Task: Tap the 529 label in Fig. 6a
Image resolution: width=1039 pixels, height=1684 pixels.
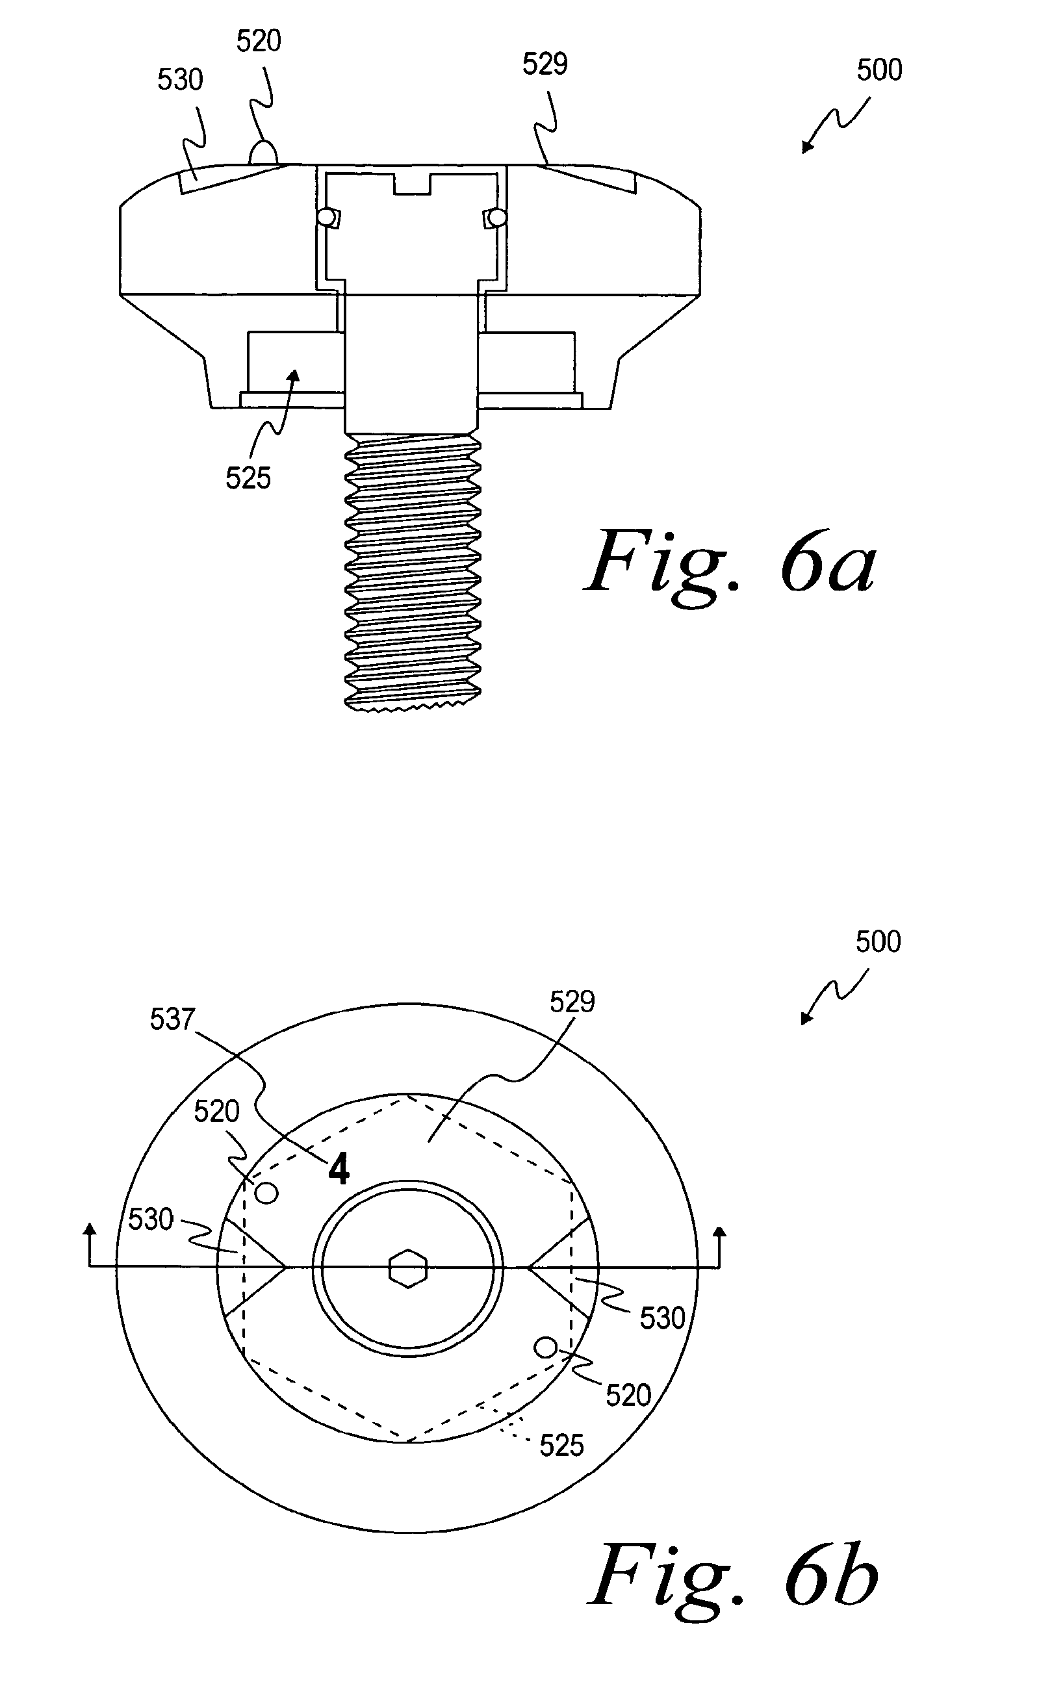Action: pos(545,64)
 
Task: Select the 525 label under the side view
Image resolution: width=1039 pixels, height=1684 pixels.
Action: pos(248,478)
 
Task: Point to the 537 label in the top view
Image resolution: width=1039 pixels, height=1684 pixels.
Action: pos(172,1019)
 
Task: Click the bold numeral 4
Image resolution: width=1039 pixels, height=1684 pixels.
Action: pos(339,1169)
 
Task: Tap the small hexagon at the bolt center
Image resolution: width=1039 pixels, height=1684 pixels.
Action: pos(408,1268)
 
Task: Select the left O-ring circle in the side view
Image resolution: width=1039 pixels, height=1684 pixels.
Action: pos(326,217)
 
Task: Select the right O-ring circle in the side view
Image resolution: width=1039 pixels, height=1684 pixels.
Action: pos(498,218)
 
